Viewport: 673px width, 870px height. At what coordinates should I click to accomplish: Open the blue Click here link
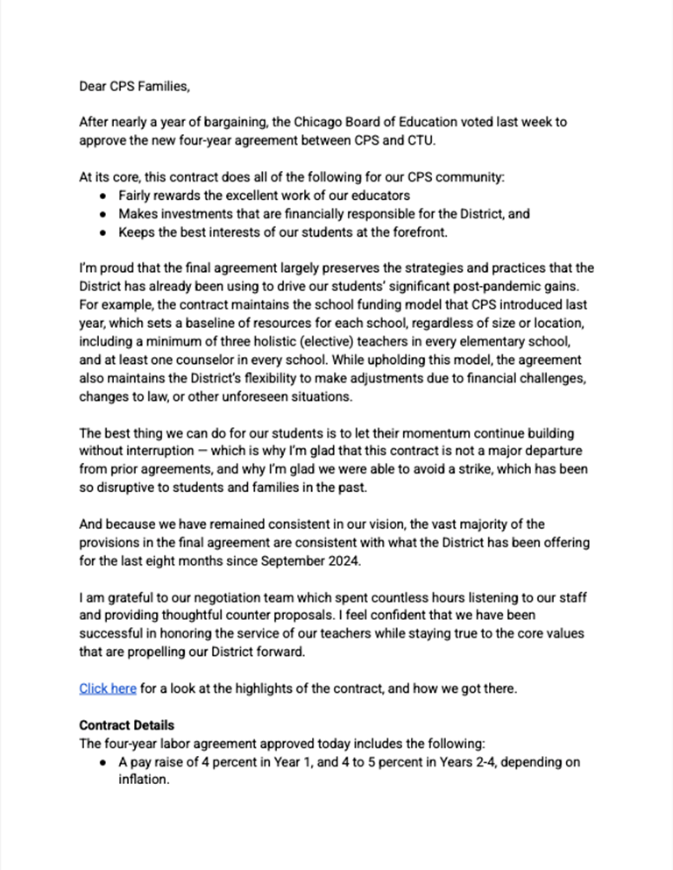[107, 688]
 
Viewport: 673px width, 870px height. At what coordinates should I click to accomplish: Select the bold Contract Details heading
[126, 725]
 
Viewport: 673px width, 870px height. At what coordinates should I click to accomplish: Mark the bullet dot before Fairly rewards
[103, 196]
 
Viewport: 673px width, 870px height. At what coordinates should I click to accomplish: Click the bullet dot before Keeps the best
[103, 232]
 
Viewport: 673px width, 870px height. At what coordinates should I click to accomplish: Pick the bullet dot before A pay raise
[103, 762]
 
